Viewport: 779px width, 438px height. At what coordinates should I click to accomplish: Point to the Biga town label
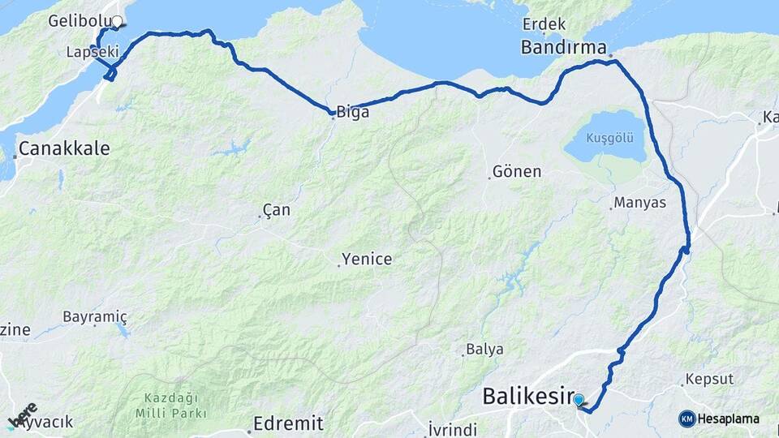coord(353,113)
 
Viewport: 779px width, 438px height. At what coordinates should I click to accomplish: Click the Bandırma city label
coord(563,48)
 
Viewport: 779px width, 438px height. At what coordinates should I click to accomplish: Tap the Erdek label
coord(544,23)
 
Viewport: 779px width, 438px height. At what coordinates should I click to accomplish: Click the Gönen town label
coord(518,172)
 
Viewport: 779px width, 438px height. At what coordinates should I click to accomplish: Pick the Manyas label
coord(640,202)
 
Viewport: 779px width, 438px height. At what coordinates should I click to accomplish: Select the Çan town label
coord(277,210)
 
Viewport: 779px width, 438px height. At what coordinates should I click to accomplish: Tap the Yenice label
coord(367,260)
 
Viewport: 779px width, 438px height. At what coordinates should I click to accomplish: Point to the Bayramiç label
coord(96,316)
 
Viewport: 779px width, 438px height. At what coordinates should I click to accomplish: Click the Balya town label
coord(485,350)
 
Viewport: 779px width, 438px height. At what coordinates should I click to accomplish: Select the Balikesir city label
coord(527,397)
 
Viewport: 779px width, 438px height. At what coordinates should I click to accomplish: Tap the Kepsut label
coord(709,379)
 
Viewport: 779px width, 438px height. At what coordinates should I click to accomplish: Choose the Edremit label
coord(288,423)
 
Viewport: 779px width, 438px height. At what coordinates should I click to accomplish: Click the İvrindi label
coord(455,429)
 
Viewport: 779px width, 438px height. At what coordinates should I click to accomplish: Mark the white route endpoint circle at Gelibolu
coord(117,22)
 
